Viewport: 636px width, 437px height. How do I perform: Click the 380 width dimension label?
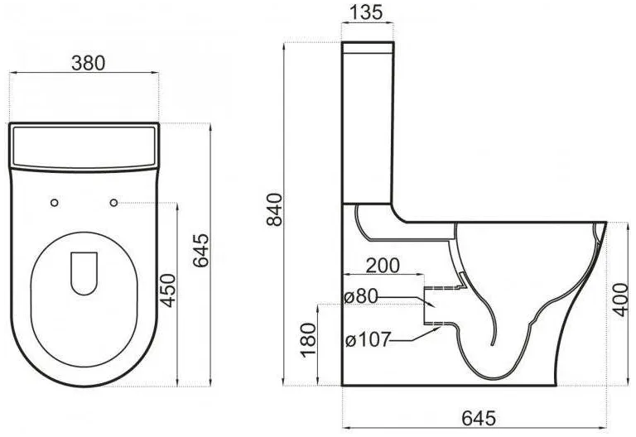coord(88,63)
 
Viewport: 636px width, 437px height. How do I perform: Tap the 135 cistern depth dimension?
coord(366,12)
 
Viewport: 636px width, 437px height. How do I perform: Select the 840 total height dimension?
coord(275,209)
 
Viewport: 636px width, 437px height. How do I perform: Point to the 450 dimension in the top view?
coord(169,291)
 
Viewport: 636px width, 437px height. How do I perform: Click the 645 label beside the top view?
coord(200,250)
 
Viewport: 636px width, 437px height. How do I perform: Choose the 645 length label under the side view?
coord(479,418)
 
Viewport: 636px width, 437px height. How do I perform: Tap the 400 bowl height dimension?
coord(620,300)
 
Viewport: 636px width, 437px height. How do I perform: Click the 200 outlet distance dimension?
coord(383,266)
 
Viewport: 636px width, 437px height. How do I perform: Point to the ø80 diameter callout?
coord(360,296)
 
